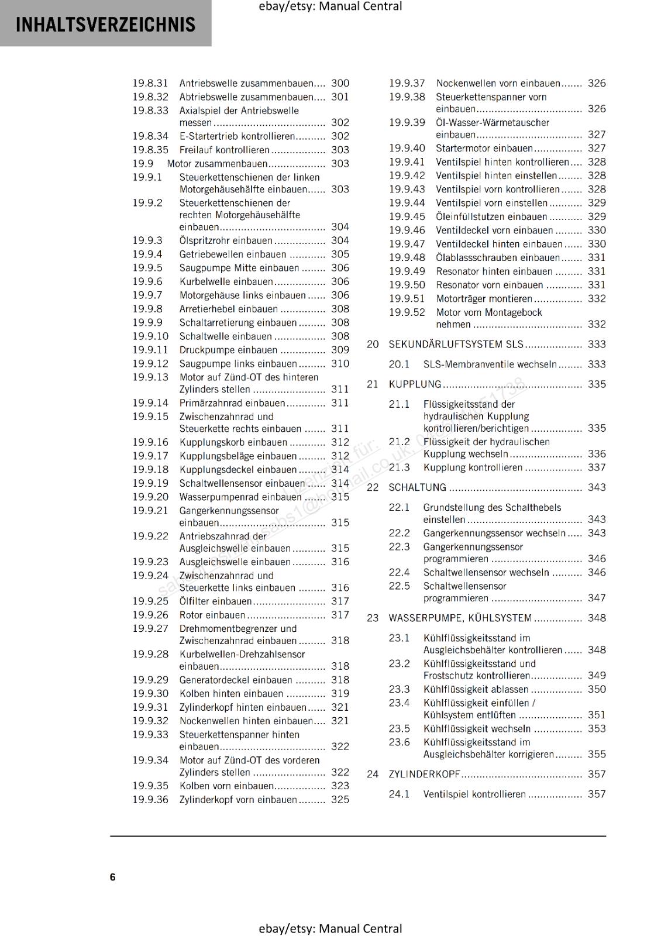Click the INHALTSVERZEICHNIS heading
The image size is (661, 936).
(x=105, y=25)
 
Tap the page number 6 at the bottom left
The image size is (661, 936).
(x=112, y=877)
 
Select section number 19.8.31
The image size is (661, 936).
(x=150, y=84)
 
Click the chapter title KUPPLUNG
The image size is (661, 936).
(x=415, y=384)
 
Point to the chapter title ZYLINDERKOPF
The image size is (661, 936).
(x=424, y=774)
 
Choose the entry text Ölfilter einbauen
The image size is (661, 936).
(x=215, y=601)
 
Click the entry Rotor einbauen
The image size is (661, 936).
(x=212, y=615)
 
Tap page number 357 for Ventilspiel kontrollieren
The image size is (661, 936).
(x=597, y=794)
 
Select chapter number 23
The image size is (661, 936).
(x=373, y=618)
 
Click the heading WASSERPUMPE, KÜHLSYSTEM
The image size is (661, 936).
(x=460, y=618)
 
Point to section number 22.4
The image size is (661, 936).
(x=400, y=572)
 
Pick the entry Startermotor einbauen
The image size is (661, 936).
(x=484, y=148)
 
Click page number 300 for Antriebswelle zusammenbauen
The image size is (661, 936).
(x=340, y=84)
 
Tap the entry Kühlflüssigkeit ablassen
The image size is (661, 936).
(x=476, y=689)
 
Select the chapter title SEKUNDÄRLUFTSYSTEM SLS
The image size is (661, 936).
(x=456, y=344)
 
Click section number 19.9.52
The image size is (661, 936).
(x=407, y=312)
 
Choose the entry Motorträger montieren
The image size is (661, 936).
(x=484, y=298)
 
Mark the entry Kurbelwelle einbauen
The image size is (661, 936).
(x=226, y=281)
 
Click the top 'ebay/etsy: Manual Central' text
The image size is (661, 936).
(x=330, y=6)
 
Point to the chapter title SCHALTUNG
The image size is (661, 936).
(x=417, y=487)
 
